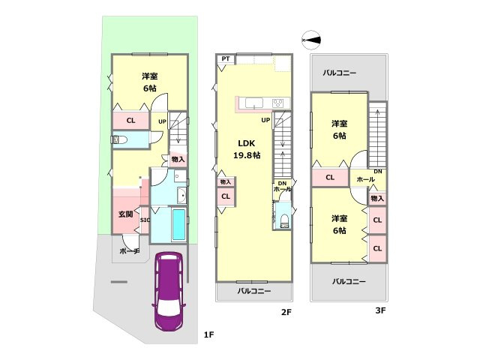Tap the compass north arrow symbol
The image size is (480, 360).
click(x=311, y=39)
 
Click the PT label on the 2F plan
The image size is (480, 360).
click(x=225, y=59)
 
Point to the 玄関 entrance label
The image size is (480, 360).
click(x=125, y=214)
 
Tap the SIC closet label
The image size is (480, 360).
click(x=145, y=220)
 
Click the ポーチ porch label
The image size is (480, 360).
click(x=130, y=252)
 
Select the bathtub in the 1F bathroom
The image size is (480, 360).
click(x=177, y=225)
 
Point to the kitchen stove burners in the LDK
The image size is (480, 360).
click(x=277, y=103)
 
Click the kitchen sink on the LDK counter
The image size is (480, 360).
click(x=251, y=103)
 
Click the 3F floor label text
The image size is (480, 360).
click(x=380, y=310)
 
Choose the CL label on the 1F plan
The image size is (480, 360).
click(x=130, y=120)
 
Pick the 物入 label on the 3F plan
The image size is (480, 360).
click(x=376, y=198)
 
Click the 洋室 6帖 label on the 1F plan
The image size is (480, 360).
click(x=150, y=82)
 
